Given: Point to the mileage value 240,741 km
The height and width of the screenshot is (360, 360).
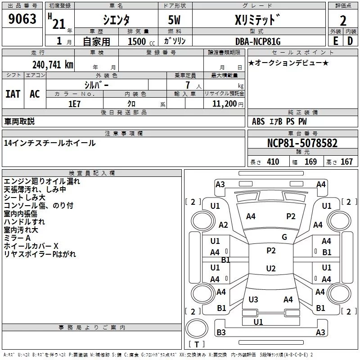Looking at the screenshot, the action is click(52, 64).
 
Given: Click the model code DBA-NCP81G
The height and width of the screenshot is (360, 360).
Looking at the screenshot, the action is click(259, 41).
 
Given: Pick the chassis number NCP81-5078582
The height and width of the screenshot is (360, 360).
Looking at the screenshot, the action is click(302, 144).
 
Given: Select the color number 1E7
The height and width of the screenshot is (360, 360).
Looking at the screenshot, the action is click(74, 103).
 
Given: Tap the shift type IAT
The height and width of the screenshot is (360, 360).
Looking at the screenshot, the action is click(13, 94).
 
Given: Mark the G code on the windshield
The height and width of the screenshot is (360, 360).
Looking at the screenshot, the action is click(284, 237).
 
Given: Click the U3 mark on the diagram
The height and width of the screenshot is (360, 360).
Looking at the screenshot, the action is click(253, 300).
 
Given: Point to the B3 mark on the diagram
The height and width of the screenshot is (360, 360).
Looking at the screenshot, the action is click(221, 333).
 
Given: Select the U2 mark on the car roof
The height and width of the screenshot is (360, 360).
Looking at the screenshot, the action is click(270, 269).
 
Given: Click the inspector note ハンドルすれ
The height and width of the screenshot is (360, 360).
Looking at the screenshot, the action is click(24, 222).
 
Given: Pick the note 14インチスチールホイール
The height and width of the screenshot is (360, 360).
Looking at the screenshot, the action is click(49, 143).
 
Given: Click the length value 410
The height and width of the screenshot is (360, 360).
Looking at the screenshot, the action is click(273, 162).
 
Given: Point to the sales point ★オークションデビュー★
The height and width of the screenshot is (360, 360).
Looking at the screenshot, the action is click(288, 63).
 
